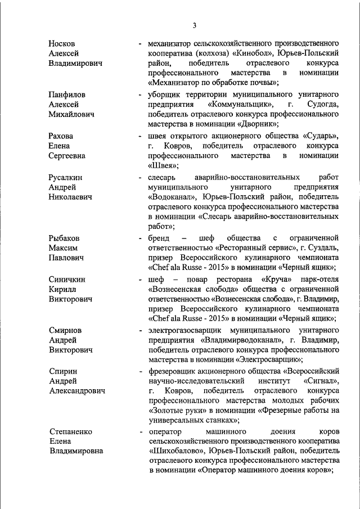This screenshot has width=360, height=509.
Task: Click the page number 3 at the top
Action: [x=193, y=25]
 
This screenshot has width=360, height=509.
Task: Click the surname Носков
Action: [x=62, y=43]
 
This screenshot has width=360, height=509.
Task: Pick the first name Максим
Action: [x=63, y=247]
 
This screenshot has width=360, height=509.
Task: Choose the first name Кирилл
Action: [x=62, y=289]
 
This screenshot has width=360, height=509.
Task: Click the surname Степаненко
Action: [x=70, y=431]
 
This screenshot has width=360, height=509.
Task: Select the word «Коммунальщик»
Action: [x=241, y=104]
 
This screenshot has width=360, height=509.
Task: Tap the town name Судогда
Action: [x=322, y=104]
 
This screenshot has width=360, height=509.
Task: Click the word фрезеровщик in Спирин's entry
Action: [x=172, y=370]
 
